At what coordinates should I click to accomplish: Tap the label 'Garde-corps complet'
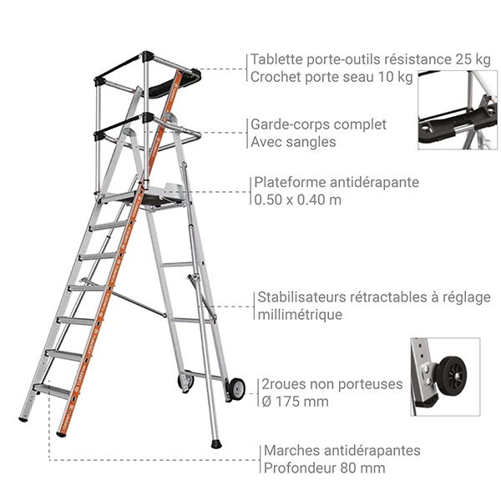pyautogui.click(x=318, y=124)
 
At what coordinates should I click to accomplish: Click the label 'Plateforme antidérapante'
pyautogui.click(x=336, y=182)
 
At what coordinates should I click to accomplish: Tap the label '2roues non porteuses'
pyautogui.click(x=332, y=384)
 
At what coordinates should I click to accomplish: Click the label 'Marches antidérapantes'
pyautogui.click(x=342, y=451)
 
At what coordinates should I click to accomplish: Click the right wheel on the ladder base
pyautogui.click(x=236, y=387)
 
